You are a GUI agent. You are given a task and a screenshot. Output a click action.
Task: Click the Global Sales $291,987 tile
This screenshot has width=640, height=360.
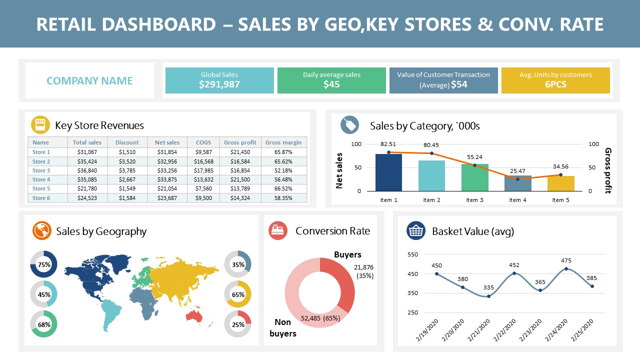click(219, 80)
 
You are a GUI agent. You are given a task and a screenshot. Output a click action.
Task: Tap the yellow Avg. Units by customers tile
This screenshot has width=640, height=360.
click(555, 80)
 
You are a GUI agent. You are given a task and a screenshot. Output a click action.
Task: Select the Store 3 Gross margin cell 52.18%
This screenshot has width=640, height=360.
click(283, 170)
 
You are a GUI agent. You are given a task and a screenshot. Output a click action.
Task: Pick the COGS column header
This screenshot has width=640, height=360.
click(203, 142)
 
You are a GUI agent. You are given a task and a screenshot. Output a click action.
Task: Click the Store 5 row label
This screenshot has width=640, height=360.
click(41, 188)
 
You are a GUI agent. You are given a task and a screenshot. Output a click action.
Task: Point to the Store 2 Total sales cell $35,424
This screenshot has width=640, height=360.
click(87, 161)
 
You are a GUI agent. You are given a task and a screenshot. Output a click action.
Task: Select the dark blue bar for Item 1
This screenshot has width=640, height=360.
click(388, 172)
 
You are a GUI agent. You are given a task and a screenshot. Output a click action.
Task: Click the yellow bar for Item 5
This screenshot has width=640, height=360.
click(560, 183)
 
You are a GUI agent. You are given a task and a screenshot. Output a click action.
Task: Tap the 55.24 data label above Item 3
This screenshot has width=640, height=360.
click(474, 157)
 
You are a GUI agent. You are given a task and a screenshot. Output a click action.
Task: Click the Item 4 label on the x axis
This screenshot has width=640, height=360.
click(517, 200)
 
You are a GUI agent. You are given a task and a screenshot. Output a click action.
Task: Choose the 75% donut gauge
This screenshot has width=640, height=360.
click(44, 264)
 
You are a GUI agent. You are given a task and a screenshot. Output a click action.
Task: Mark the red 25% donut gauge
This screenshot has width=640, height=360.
click(238, 324)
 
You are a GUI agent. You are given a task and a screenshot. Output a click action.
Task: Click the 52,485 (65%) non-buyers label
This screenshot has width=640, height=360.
click(320, 318)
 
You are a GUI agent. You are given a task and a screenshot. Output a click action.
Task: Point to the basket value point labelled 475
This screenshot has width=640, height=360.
click(566, 268)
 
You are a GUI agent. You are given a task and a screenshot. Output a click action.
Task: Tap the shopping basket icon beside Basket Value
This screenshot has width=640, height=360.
click(416, 231)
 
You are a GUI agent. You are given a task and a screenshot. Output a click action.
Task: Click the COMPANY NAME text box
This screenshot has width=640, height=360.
click(89, 80)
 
